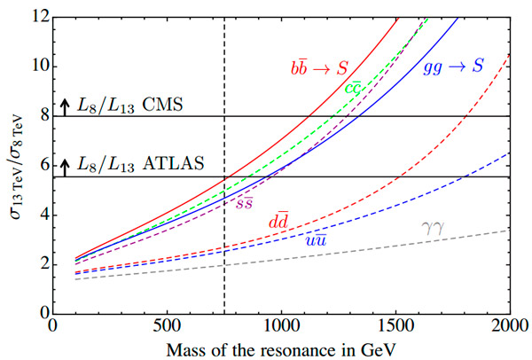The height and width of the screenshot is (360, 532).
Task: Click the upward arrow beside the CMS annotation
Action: pyautogui.click(x=64, y=106)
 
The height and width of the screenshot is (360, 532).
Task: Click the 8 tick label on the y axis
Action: pyautogui.click(x=41, y=116)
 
